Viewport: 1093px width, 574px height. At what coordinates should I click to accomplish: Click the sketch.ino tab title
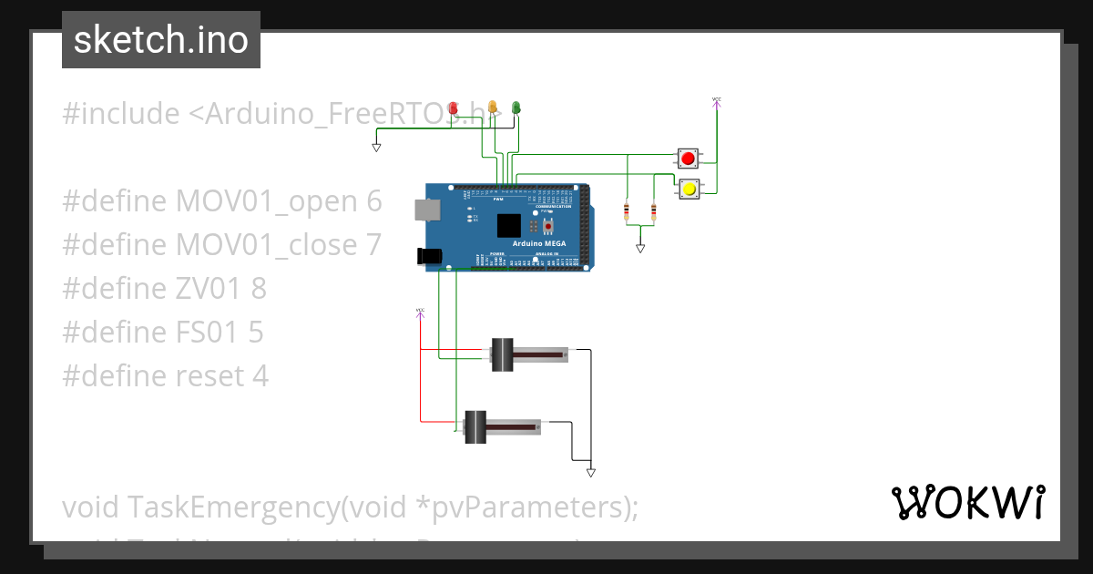pyautogui.click(x=160, y=40)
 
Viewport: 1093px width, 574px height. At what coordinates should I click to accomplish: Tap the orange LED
pyautogui.click(x=493, y=108)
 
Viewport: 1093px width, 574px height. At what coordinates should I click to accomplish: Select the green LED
pyautogui.click(x=516, y=108)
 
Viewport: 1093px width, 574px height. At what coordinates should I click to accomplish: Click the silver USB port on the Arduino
pyautogui.click(x=425, y=210)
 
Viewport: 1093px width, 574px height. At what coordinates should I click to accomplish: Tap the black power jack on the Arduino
pyautogui.click(x=424, y=257)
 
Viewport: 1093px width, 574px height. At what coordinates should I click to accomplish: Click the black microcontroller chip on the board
pyautogui.click(x=509, y=225)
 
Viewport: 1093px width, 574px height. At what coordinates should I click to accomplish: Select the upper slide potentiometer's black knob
pyautogui.click(x=503, y=354)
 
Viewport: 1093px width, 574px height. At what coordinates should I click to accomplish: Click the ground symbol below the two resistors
pyautogui.click(x=640, y=247)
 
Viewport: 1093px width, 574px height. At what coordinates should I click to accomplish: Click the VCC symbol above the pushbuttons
pyautogui.click(x=717, y=102)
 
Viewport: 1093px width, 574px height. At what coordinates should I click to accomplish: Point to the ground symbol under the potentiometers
pyautogui.click(x=591, y=472)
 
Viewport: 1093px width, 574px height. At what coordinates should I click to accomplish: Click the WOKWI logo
pyautogui.click(x=967, y=502)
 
